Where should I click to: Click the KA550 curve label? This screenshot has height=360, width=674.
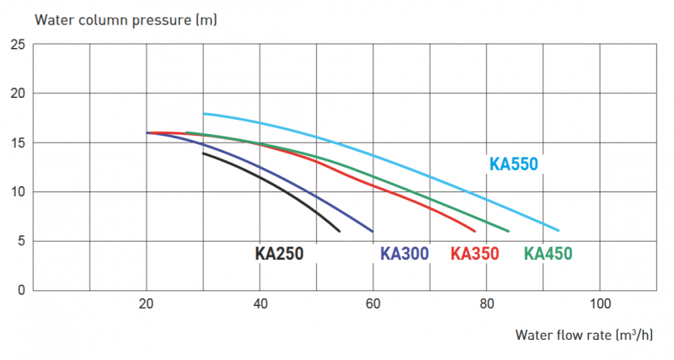click(x=513, y=164)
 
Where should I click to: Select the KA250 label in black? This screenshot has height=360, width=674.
click(x=279, y=253)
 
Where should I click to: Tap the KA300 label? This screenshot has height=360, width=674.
click(x=405, y=253)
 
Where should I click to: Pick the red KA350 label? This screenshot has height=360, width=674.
click(x=475, y=253)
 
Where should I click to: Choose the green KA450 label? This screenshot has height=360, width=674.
click(x=549, y=253)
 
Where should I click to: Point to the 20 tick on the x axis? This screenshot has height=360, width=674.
click(x=147, y=304)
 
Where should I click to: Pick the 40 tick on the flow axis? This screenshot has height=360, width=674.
click(x=260, y=304)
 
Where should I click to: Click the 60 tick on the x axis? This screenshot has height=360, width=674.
click(x=373, y=304)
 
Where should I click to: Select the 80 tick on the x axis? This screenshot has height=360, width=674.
click(x=487, y=304)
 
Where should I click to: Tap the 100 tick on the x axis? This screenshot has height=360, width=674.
click(x=600, y=304)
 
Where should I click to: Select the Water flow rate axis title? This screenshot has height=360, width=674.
click(x=584, y=335)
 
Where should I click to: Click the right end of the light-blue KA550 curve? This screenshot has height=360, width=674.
click(x=559, y=230)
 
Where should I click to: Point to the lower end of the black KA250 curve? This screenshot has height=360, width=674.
click(x=339, y=231)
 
